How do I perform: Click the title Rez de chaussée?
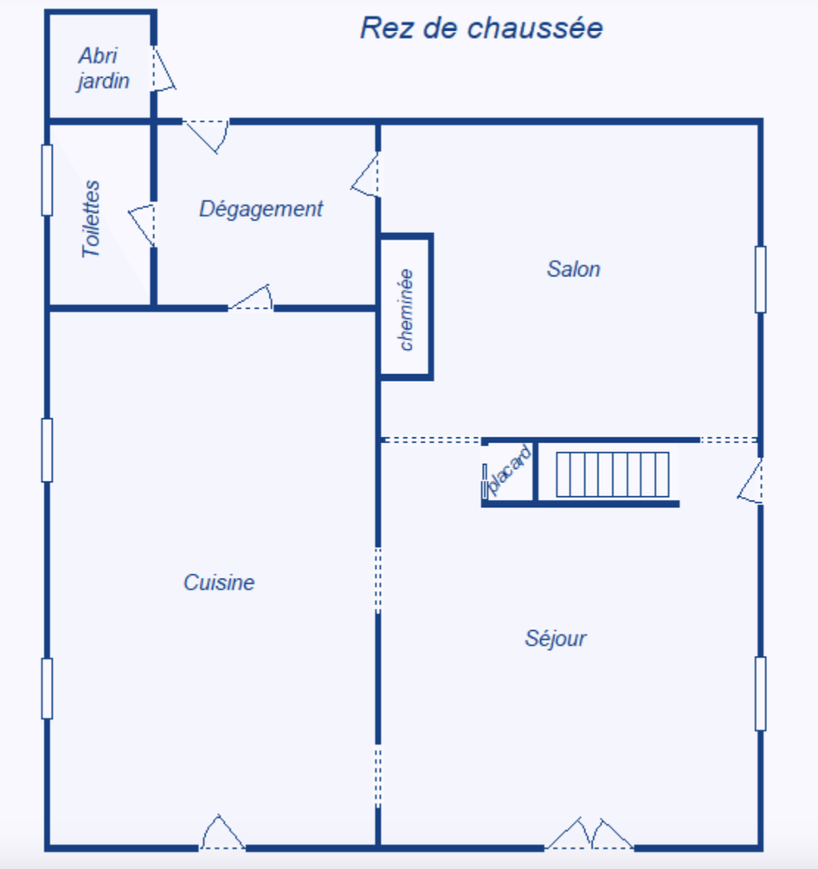pos(481,29)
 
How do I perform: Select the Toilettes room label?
pos(92,218)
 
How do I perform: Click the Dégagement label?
pos(261,209)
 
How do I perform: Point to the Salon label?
pos(573,269)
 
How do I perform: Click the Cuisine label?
pos(219,583)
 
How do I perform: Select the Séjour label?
pos(556,639)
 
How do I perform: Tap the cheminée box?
pos(406,307)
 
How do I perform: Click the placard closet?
pos(508,472)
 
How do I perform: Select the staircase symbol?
pos(612,474)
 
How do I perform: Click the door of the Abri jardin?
pos(162,68)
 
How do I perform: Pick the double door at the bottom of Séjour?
pos(589,834)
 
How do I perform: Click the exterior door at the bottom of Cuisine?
pos(222,834)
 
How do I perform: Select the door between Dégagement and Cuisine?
pos(252,299)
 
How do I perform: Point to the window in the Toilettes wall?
pos(47,180)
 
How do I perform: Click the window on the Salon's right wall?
pos(760,279)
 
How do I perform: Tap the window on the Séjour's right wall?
pos(760,693)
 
